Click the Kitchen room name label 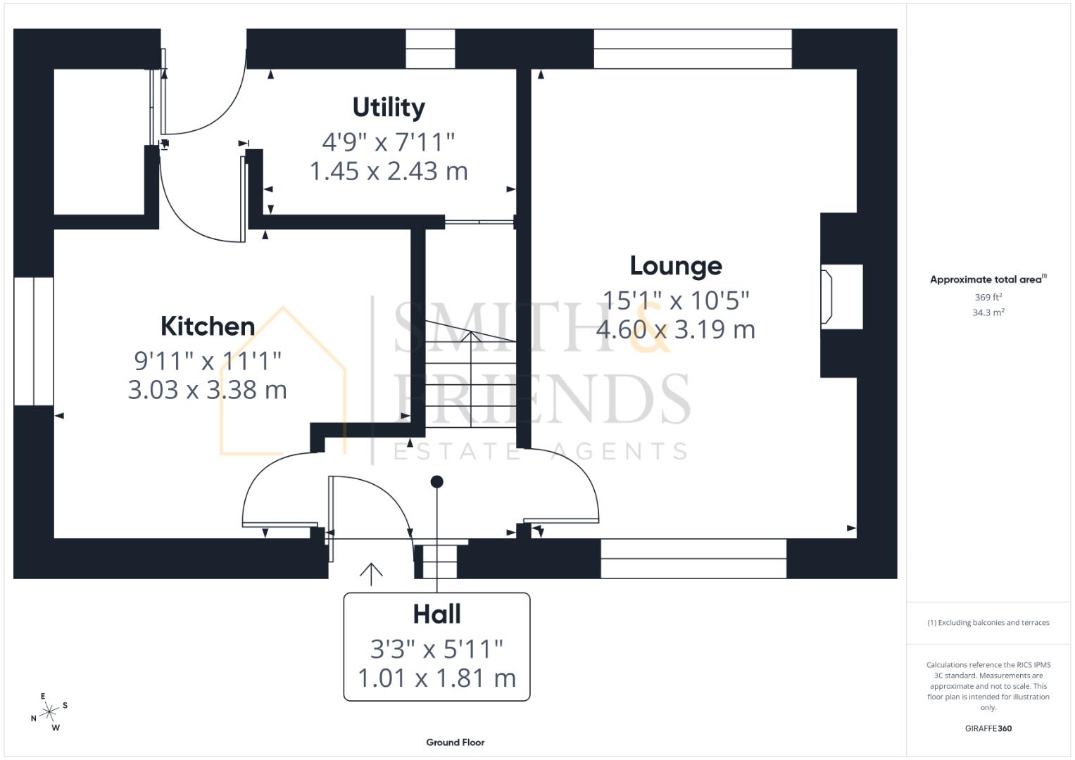tap(208, 327)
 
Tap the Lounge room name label tap(676, 266)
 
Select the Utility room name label tap(389, 108)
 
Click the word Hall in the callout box tap(436, 614)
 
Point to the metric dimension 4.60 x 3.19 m tap(676, 329)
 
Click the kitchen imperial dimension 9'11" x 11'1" tap(208, 361)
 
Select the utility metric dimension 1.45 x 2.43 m tap(389, 171)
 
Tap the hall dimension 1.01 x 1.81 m tap(436, 678)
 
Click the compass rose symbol tap(49, 712)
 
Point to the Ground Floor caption tap(455, 742)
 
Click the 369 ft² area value tap(988, 298)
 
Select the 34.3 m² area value tap(988, 312)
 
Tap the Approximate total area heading tap(988, 279)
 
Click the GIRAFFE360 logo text tap(988, 728)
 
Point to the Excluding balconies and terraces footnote tap(988, 623)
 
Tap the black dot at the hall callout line tap(436, 482)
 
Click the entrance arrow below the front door tap(371, 574)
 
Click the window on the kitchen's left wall tap(33, 341)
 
